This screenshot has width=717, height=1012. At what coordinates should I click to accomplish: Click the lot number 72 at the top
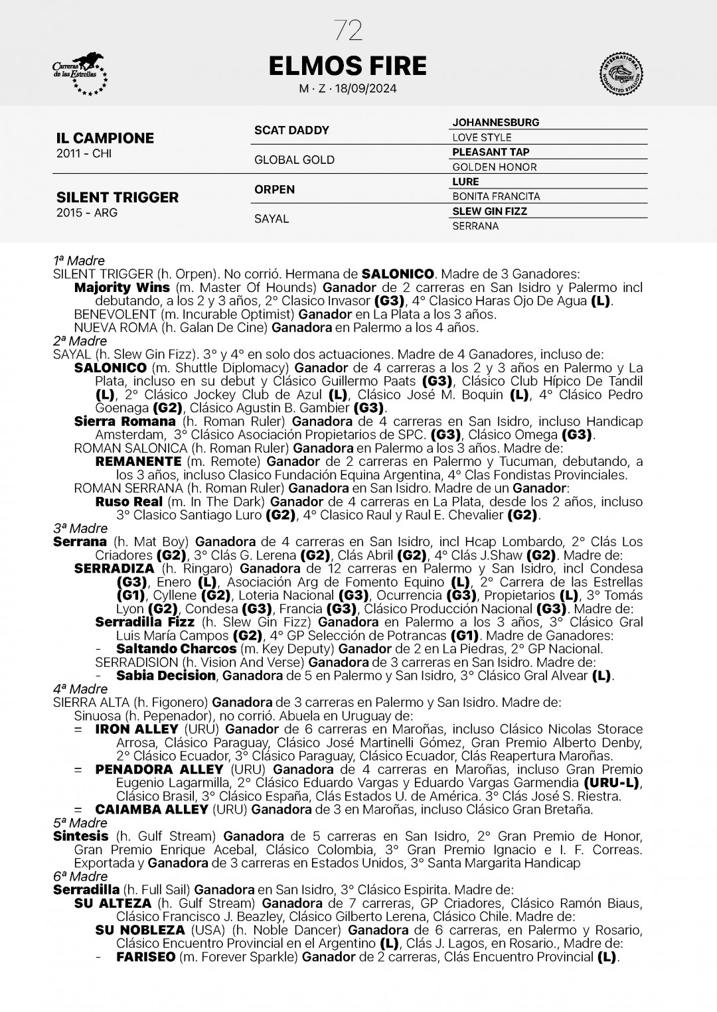[348, 31]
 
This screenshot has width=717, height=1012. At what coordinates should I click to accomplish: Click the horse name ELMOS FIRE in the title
[348, 66]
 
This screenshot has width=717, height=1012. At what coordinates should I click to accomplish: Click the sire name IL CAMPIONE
[105, 138]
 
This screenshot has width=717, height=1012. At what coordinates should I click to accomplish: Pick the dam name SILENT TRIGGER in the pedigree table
[118, 197]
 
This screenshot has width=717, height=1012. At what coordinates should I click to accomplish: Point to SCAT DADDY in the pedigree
[291, 130]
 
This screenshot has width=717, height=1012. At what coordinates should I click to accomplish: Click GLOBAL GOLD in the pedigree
[294, 160]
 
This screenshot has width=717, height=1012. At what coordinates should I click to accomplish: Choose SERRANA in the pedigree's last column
[475, 226]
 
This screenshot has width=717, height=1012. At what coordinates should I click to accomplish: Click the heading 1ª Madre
[79, 261]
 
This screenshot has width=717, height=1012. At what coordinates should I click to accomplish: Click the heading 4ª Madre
[80, 689]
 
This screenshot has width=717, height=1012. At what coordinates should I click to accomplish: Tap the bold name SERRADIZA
[114, 569]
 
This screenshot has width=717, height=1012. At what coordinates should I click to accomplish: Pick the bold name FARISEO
[145, 957]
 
